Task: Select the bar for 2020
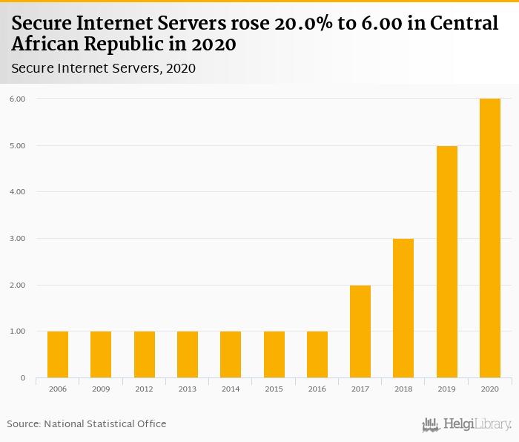(490, 238)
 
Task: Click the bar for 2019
(447, 262)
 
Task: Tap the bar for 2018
(403, 309)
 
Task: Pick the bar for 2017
(360, 331)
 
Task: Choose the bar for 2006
(58, 354)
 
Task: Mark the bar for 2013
(188, 354)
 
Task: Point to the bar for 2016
(317, 354)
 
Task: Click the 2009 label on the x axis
(101, 388)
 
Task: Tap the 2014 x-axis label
(231, 388)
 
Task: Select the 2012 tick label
(144, 388)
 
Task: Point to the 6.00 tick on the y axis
(16, 99)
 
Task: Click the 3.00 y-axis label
(16, 239)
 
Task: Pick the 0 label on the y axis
(23, 378)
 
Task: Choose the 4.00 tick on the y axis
(16, 192)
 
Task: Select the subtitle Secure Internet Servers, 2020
(104, 68)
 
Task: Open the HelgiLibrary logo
(466, 424)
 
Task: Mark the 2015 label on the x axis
(274, 388)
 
